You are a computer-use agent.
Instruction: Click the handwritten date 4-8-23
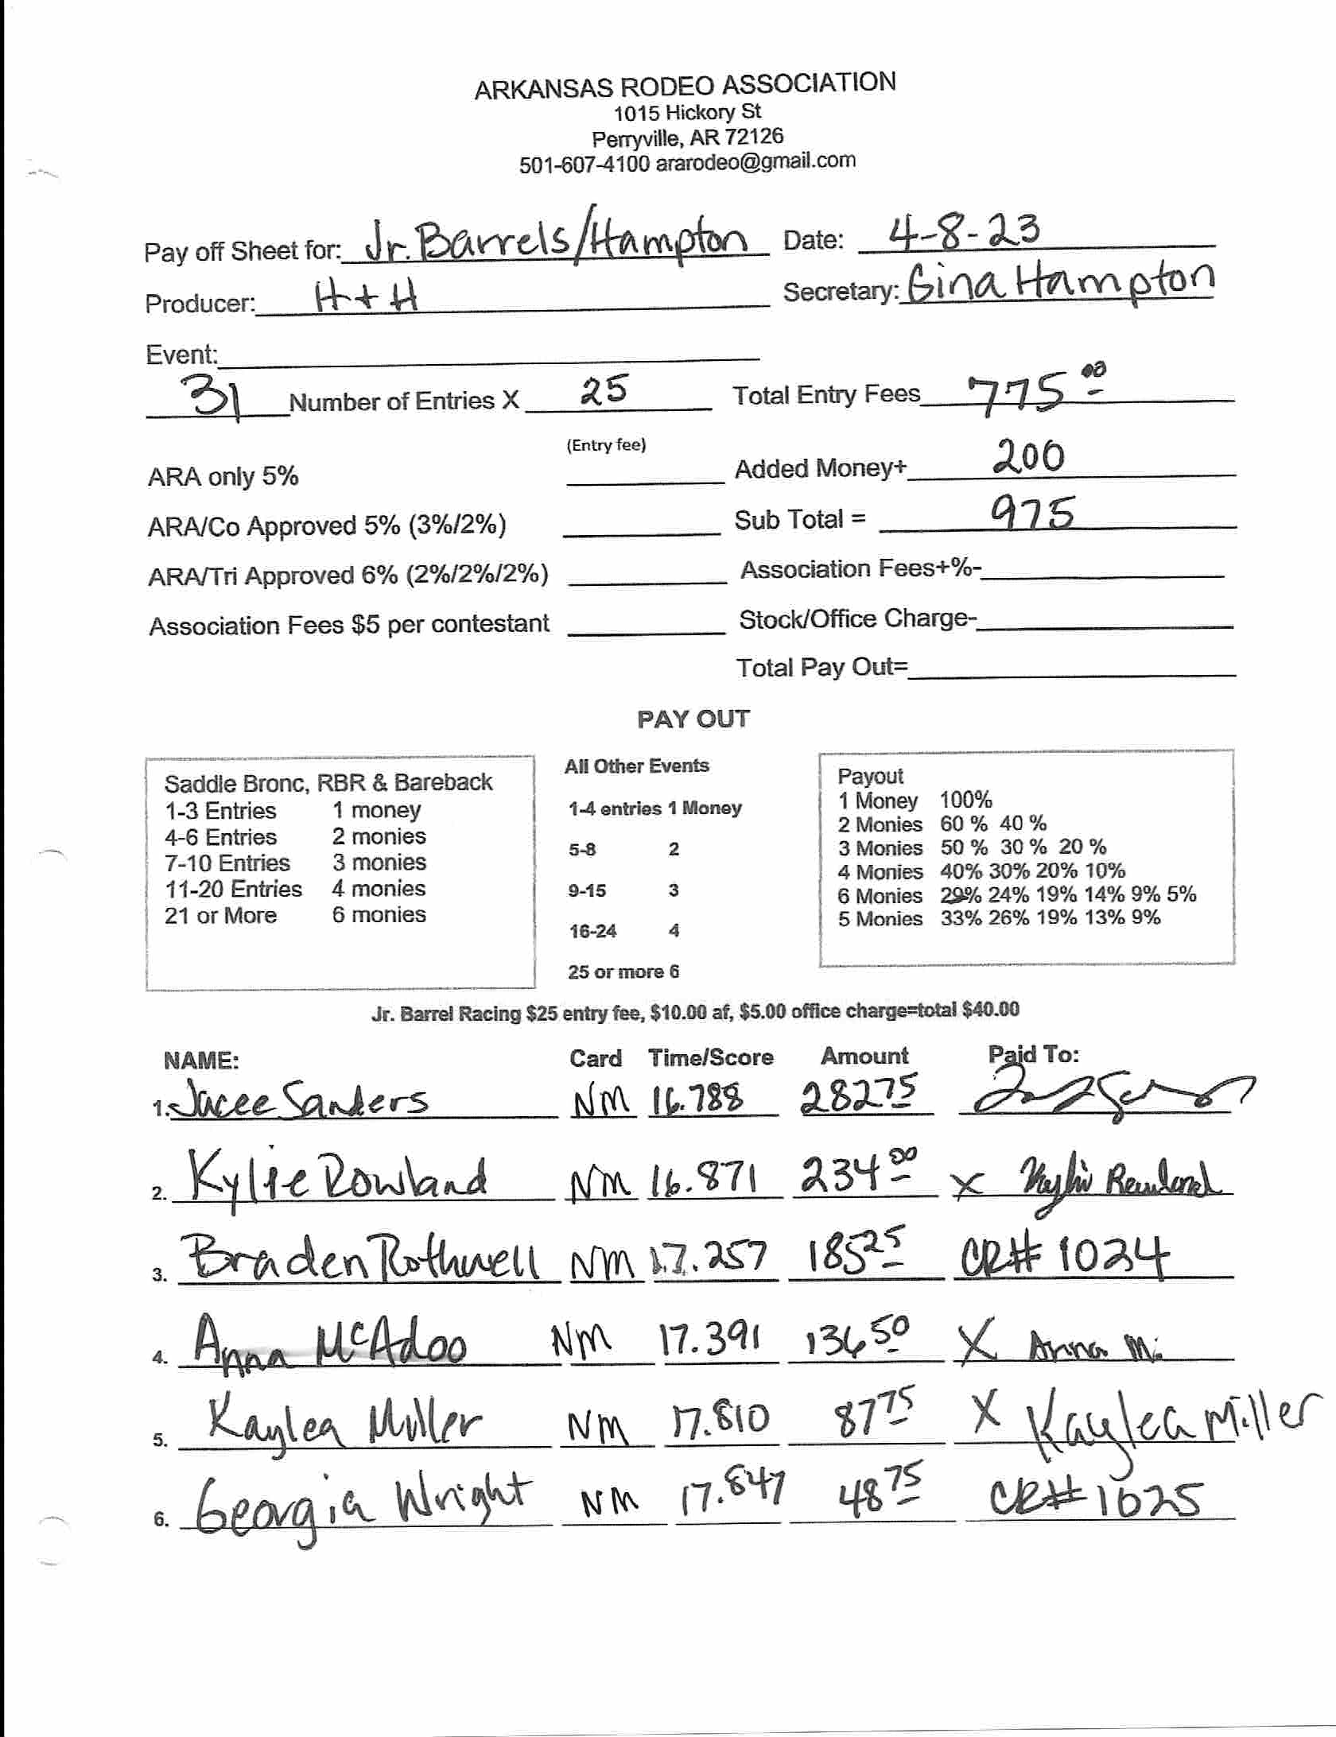(963, 231)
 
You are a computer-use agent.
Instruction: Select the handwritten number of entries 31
(210, 397)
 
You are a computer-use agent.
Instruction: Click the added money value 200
(1027, 459)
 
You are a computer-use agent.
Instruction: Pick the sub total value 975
(1032, 513)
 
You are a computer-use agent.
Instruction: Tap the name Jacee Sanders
(299, 1100)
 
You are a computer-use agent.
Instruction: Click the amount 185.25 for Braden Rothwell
(856, 1256)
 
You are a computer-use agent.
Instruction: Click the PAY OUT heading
(693, 719)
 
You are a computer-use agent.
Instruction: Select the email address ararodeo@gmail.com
(755, 161)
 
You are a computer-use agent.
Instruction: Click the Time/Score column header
(710, 1057)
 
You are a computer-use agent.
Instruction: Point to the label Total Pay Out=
(822, 667)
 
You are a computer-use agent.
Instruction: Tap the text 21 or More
(220, 915)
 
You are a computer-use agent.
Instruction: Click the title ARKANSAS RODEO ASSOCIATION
(685, 85)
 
